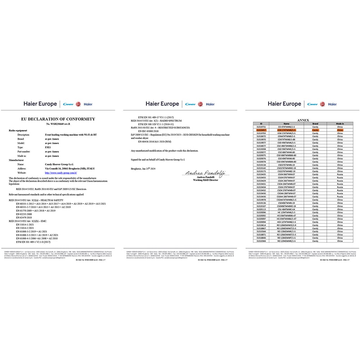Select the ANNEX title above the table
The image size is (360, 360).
(x=303, y=120)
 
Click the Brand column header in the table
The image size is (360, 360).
(x=315, y=123)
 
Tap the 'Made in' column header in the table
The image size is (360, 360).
(x=340, y=123)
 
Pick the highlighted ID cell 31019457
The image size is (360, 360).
(x=261, y=130)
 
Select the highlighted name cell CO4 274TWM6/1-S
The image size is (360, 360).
(x=287, y=130)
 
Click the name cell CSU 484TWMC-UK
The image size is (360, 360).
(x=287, y=209)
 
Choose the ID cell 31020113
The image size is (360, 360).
(x=261, y=209)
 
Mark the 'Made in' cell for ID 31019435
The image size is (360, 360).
(x=340, y=174)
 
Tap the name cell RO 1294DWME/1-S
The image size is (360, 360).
(x=287, y=241)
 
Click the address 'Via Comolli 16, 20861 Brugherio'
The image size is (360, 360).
(x=68, y=168)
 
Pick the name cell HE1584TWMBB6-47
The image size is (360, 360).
(x=287, y=216)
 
